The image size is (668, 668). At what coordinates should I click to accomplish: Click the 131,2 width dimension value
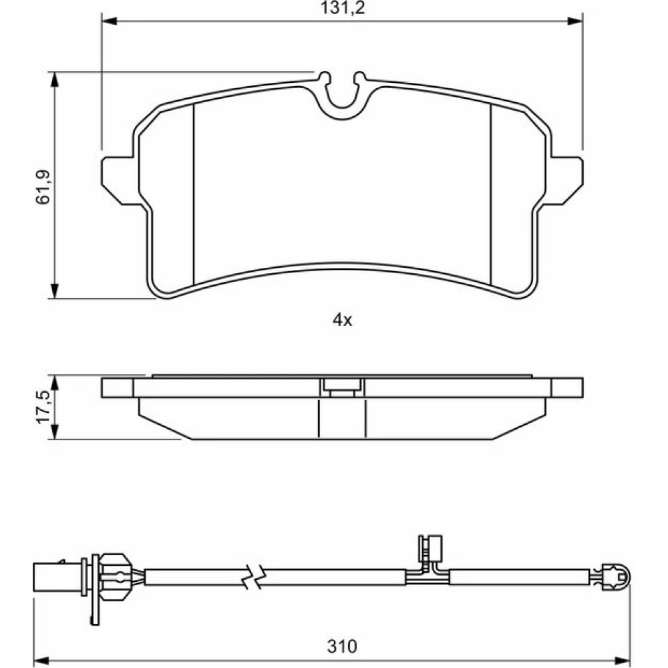pos(343,8)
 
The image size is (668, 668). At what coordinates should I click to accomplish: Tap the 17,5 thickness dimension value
pos(44,407)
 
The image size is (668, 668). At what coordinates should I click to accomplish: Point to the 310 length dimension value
pos(342,646)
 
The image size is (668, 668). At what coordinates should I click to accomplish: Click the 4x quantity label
pos(343,319)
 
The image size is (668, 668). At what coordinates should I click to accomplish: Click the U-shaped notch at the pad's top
pos(343,96)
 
